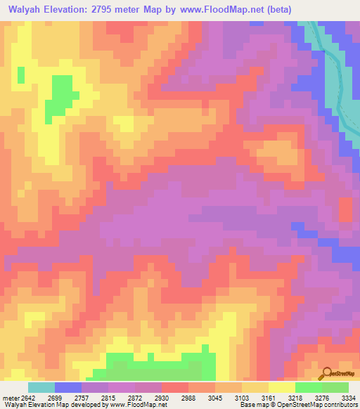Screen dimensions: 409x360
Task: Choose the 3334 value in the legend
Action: (x=347, y=397)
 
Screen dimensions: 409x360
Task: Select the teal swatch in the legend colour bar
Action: (x=41, y=387)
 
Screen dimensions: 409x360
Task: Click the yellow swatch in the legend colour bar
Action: (x=282, y=387)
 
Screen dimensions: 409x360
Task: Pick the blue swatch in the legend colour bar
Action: (x=68, y=387)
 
